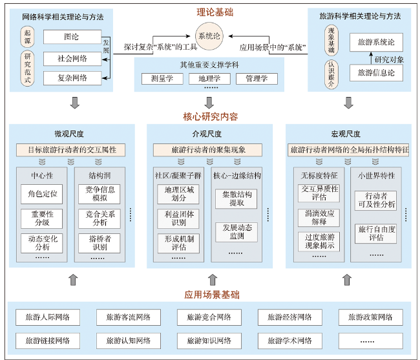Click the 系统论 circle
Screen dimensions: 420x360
pyautogui.click(x=209, y=36)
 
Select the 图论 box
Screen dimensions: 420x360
pyautogui.click(x=72, y=37)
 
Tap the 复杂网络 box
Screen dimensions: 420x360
pyautogui.click(x=72, y=78)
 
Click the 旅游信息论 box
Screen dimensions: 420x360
pyautogui.click(x=376, y=72)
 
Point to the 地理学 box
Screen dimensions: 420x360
pyautogui.click(x=209, y=78)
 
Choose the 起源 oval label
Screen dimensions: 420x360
pyautogui.click(x=27, y=37)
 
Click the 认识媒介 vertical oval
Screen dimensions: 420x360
pyautogui.click(x=331, y=74)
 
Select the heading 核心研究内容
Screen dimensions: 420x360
pyautogui.click(x=211, y=117)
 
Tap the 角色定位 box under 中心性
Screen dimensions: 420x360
pyautogui.click(x=42, y=194)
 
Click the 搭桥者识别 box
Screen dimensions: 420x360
pyautogui.click(x=100, y=243)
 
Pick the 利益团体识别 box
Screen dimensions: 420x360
pyautogui.click(x=178, y=218)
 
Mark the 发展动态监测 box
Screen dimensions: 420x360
pyautogui.click(x=236, y=232)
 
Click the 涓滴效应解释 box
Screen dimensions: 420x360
pyautogui.click(x=319, y=218)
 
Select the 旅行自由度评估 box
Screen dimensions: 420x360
pyautogui.click(x=376, y=233)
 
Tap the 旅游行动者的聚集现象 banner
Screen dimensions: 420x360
pyautogui.click(x=207, y=150)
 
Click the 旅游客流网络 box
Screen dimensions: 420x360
pyautogui.click(x=129, y=317)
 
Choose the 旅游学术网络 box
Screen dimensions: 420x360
pyautogui.click(x=290, y=341)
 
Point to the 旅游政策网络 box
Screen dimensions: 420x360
pyautogui.click(x=370, y=317)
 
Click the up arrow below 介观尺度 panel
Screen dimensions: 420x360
pyautogui.click(x=213, y=280)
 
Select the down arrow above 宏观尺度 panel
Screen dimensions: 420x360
pyautogui.click(x=348, y=103)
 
